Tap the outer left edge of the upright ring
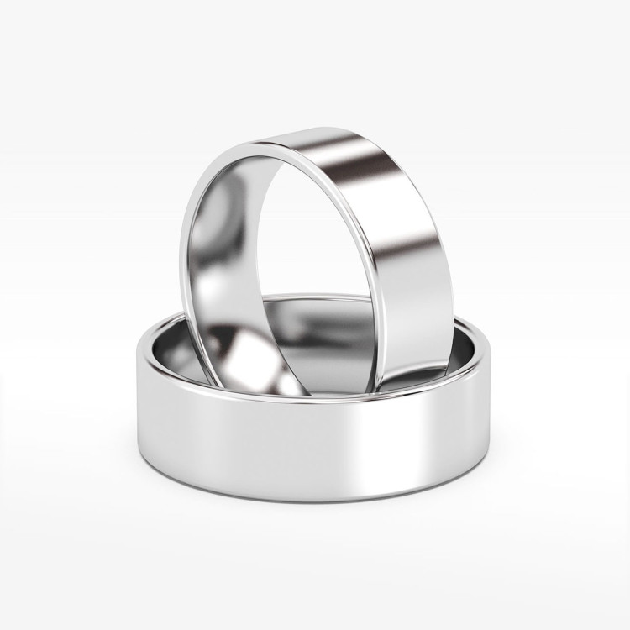pos(183,252)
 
